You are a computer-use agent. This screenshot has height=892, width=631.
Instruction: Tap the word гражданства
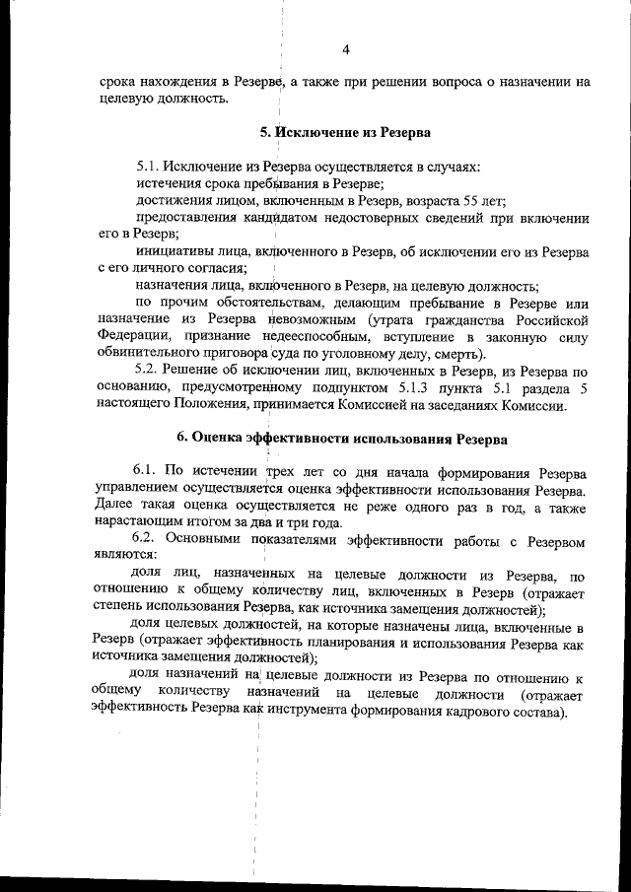[x=469, y=320]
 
